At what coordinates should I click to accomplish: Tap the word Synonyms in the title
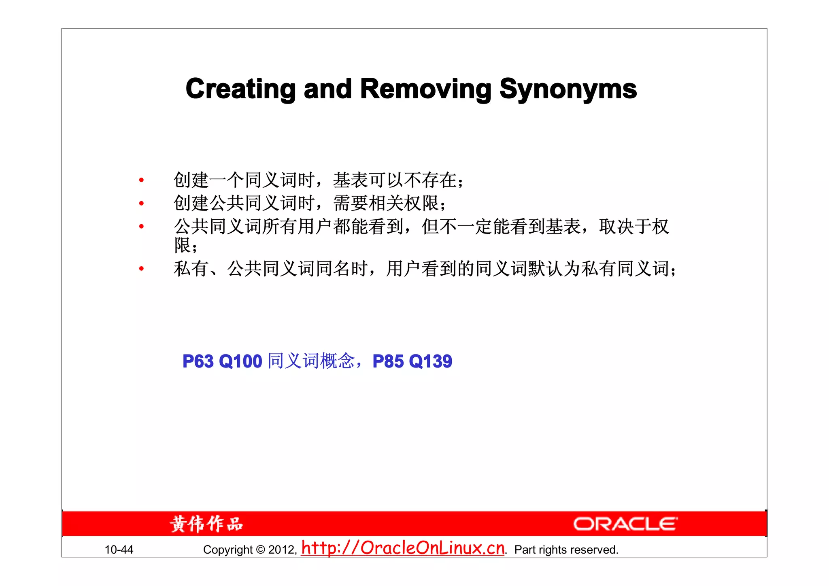tap(568, 89)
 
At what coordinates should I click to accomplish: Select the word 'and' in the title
tap(327, 89)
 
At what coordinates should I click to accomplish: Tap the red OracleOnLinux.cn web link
tap(403, 548)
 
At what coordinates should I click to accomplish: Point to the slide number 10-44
tap(119, 550)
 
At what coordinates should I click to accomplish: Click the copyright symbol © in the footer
tap(261, 550)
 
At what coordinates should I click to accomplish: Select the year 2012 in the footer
tap(282, 550)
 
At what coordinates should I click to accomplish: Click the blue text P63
tap(198, 361)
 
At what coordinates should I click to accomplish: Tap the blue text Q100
tap(240, 361)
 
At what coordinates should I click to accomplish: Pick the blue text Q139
tap(430, 361)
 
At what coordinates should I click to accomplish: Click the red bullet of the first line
tap(141, 180)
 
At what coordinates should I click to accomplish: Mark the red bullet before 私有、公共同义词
tap(141, 268)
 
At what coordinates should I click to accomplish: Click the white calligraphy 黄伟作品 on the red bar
tap(206, 524)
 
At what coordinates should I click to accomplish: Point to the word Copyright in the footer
tap(228, 550)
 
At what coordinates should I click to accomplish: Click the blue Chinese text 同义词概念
tap(311, 361)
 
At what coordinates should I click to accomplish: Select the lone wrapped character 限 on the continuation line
tap(182, 245)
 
